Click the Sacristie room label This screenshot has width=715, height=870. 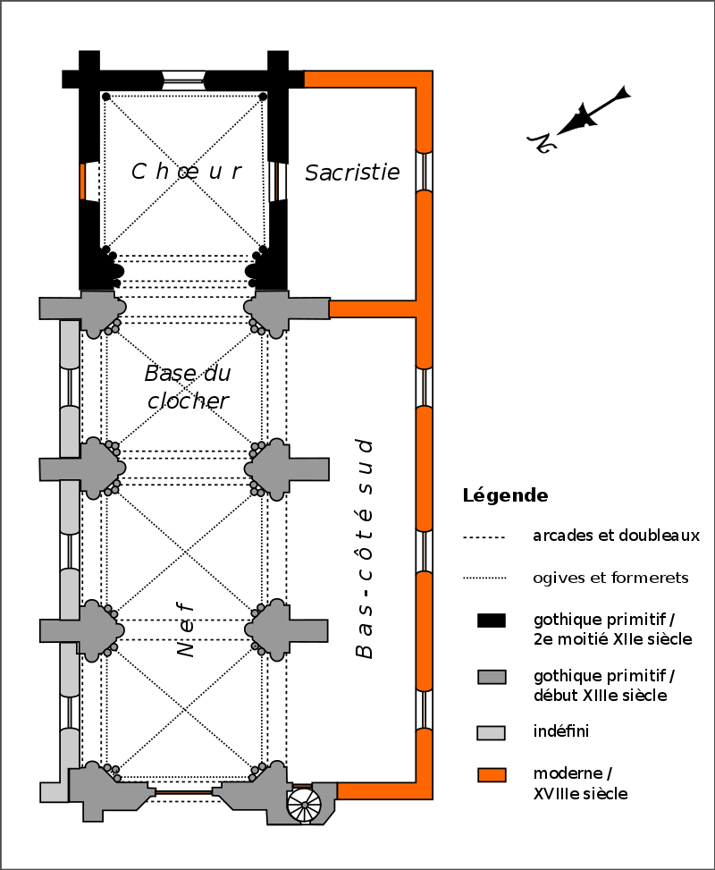click(352, 173)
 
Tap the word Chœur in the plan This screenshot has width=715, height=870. click(187, 172)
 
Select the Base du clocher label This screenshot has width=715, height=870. click(187, 386)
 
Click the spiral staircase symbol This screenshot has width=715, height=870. click(305, 804)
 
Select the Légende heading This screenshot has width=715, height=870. click(505, 495)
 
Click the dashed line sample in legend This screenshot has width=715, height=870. click(484, 537)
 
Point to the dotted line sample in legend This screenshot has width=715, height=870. click(484, 579)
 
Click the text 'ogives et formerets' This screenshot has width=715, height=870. click(610, 578)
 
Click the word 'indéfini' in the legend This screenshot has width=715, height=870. click(560, 731)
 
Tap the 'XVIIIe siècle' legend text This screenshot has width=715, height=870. click(580, 792)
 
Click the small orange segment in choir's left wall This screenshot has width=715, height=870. click(82, 182)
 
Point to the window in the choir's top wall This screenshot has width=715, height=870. click(182, 79)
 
